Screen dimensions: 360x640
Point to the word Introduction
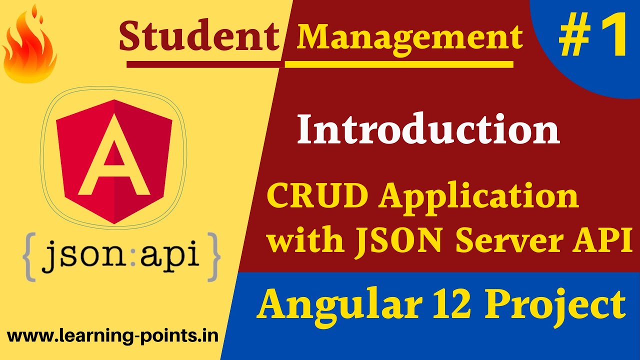pos(428,130)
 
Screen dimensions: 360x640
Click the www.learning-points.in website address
pos(113,336)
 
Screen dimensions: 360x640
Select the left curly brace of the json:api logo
pos(29,255)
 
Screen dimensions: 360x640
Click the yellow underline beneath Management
pos(399,64)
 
